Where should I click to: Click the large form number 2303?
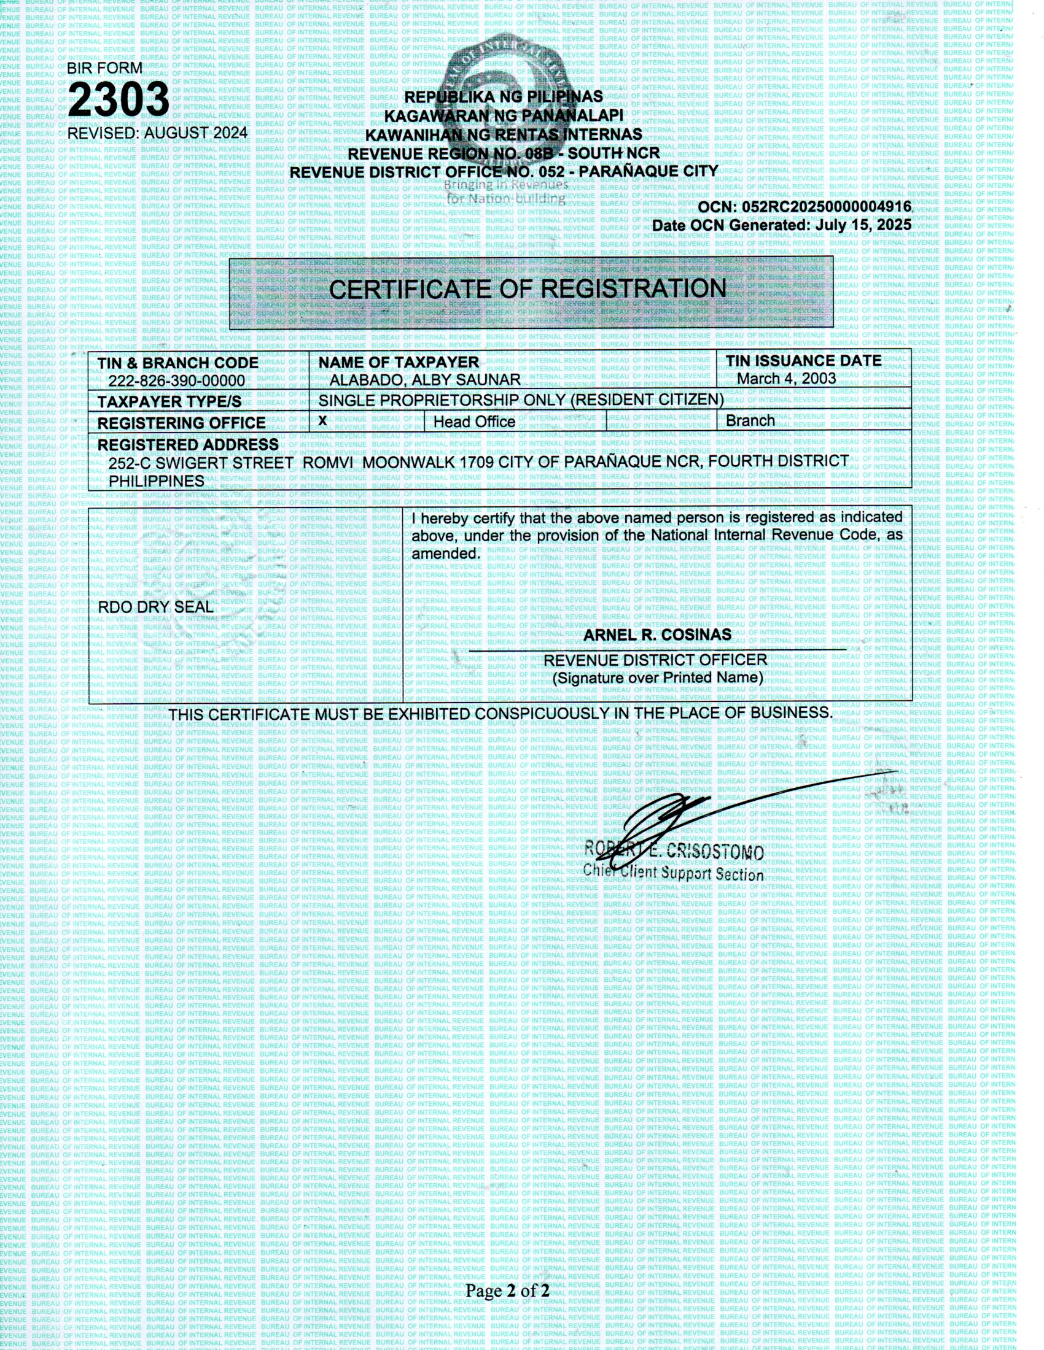pos(118,99)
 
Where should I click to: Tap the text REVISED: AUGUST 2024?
pos(157,133)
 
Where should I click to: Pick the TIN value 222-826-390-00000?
pos(176,382)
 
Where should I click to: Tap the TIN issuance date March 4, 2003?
pos(786,378)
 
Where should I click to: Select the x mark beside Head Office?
pos(322,420)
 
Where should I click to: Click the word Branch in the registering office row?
pos(750,421)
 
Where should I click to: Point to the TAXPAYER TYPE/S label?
pos(169,402)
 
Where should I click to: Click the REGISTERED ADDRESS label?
pos(188,445)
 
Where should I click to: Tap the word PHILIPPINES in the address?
pos(157,481)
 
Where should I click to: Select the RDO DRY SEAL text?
pos(155,607)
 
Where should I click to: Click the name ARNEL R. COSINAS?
pos(657,635)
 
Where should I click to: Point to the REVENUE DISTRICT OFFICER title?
pos(655,660)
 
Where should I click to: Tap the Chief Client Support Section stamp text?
pos(673,872)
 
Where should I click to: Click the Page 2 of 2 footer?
pos(507,1290)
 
